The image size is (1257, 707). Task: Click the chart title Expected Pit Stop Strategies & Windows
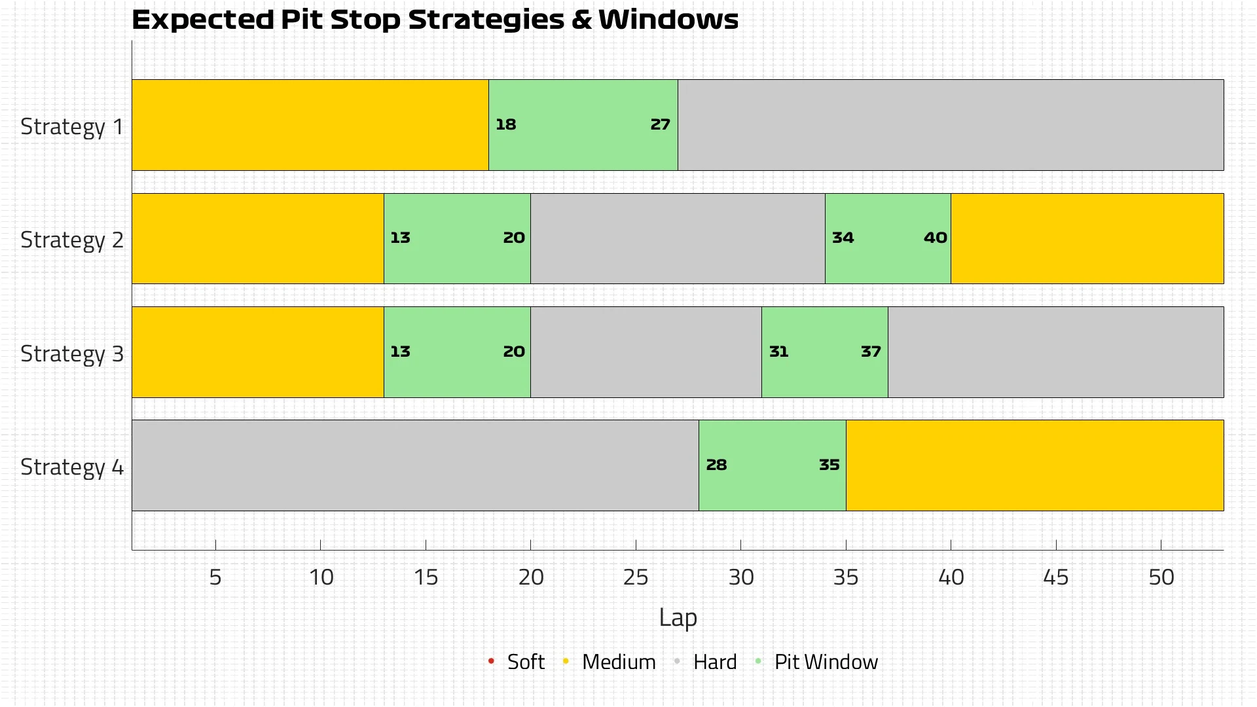pos(435,20)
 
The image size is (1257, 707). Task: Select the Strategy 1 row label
pos(72,126)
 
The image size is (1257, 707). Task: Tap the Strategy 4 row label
pos(72,467)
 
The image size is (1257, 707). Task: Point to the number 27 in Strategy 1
pos(660,124)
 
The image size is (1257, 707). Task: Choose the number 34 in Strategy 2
pos(843,238)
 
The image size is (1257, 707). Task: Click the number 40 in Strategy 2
pos(935,238)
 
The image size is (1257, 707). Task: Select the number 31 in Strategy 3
pos(778,352)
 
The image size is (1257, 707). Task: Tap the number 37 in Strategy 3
pos(871,352)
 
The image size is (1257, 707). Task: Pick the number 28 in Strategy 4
pos(716,465)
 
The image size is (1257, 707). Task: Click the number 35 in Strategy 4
pos(829,465)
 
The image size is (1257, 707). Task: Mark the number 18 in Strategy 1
pos(505,124)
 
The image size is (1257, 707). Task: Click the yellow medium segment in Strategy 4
pos(1034,465)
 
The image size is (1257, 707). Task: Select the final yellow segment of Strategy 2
pos(1087,238)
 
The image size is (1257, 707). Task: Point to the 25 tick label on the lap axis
pos(636,577)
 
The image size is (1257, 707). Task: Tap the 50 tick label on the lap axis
pos(1161,577)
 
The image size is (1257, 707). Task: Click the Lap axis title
pos(678,618)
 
